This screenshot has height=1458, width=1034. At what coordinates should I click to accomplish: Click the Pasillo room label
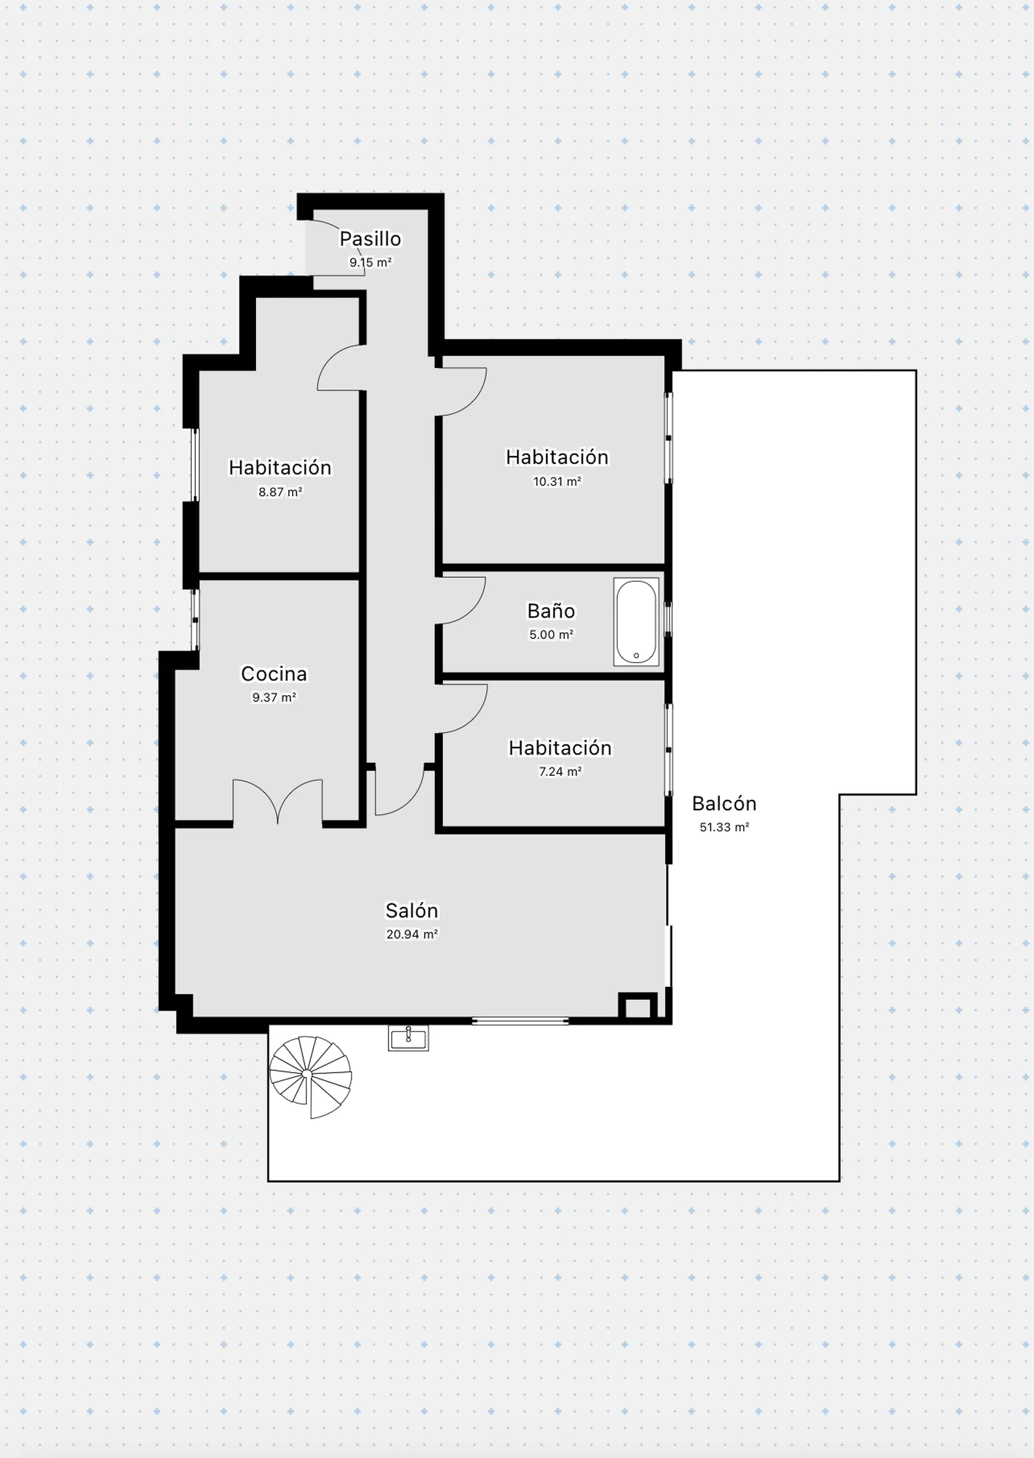pos(370,239)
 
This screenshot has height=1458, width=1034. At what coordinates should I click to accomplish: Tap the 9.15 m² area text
pos(370,263)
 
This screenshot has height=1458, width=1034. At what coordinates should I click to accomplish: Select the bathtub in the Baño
pos(637,622)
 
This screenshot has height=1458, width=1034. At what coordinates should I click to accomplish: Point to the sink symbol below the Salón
pos(408,1038)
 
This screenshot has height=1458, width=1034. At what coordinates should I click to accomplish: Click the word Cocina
pos(274,674)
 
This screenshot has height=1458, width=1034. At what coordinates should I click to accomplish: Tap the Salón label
pos(412,910)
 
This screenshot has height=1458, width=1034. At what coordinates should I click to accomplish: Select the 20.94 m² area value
pos(412,934)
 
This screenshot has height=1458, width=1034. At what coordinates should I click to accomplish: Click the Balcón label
pos(724,803)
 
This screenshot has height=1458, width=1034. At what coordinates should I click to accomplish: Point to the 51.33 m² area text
pos(724,827)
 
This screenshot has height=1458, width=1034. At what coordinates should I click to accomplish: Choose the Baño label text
pos(551,610)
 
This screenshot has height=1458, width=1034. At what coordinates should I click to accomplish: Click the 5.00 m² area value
pos(551,634)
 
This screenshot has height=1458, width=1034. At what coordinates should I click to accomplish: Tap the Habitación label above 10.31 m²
pos(556,457)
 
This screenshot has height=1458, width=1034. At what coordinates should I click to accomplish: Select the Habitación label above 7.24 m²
pos(560,747)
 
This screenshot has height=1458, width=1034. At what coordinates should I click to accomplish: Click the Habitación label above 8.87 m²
pos(280,467)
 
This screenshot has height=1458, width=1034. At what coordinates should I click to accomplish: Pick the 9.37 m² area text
pos(274,698)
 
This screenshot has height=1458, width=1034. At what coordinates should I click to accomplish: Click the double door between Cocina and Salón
pos(278,802)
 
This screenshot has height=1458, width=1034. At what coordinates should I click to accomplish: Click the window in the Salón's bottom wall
pos(520,1021)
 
